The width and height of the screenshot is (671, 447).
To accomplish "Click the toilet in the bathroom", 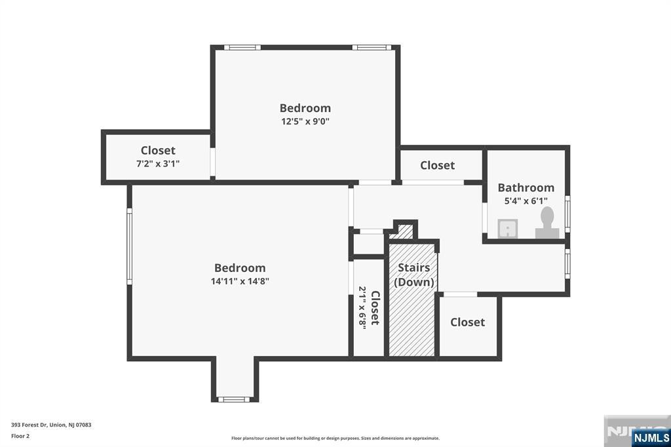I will [547, 223].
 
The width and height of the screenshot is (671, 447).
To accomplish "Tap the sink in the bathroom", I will [508, 229].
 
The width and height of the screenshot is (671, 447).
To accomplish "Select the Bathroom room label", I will [526, 187].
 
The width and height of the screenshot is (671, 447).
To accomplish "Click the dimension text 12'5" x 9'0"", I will [305, 121].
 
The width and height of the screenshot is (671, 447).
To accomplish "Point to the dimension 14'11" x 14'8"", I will [240, 281].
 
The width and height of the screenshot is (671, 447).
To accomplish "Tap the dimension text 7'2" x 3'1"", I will [158, 163].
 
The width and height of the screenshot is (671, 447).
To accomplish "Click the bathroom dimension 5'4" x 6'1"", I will [526, 201].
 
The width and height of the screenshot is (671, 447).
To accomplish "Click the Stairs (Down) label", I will [414, 275].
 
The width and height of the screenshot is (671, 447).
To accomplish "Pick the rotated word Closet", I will [375, 308].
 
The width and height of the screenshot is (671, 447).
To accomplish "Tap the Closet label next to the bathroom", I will [437, 165].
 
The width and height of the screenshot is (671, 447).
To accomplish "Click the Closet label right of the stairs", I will [467, 322].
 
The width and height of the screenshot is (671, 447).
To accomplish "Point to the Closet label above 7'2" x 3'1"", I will [158, 150].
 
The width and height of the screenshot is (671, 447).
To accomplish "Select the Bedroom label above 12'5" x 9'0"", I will [305, 107].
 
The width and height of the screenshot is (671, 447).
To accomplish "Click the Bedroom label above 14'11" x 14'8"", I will [240, 267].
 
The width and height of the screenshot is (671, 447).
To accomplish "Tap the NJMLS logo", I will [650, 437].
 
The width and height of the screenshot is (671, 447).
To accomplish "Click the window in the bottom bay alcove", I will [234, 398].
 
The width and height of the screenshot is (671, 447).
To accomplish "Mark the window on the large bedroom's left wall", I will [130, 246].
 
